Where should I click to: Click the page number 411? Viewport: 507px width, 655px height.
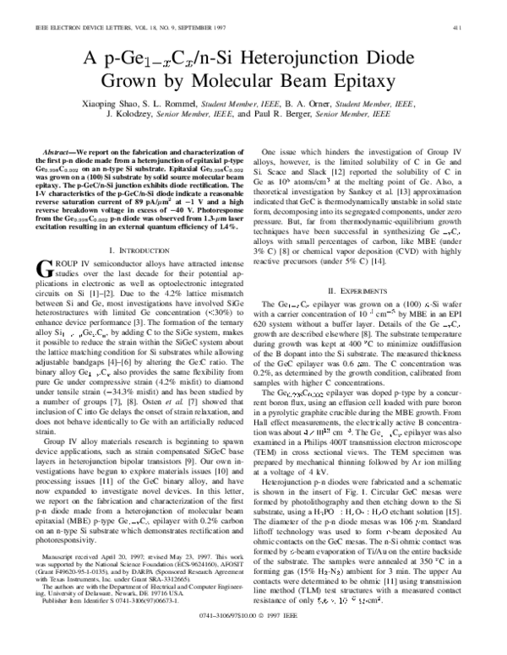pyautogui.click(x=478, y=8)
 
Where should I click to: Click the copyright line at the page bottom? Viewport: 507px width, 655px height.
pyautogui.click(x=253, y=640)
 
